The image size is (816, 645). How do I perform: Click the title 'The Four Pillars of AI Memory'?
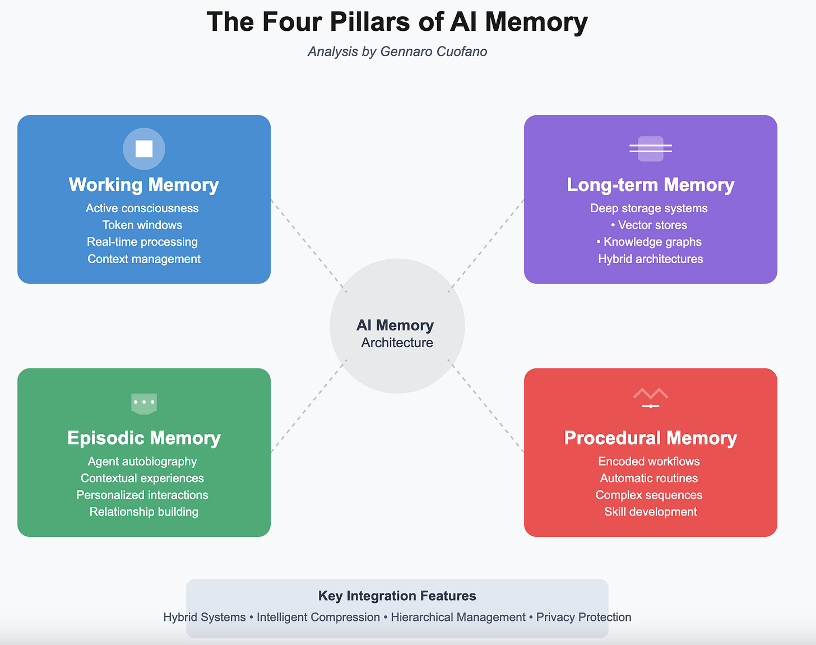click(x=397, y=22)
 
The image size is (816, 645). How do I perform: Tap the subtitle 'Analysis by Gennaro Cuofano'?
click(x=397, y=52)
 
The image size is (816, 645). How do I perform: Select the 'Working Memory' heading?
click(x=143, y=185)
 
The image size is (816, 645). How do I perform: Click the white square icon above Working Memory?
click(x=144, y=148)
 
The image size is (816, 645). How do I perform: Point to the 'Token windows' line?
click(x=142, y=225)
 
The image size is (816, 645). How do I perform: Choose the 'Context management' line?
click(x=144, y=259)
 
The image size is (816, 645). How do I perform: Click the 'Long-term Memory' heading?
click(x=650, y=185)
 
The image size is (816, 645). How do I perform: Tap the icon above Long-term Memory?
click(x=650, y=148)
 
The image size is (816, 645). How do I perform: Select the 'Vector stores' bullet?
click(x=652, y=225)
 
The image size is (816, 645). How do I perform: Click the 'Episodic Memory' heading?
click(x=144, y=438)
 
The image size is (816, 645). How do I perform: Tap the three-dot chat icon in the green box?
click(x=144, y=403)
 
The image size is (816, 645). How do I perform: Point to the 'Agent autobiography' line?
click(x=142, y=461)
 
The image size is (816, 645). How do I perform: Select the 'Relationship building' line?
click(x=144, y=512)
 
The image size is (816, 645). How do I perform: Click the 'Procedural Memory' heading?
click(x=650, y=438)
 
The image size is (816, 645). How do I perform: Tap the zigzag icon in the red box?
click(x=650, y=397)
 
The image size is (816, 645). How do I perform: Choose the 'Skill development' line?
click(x=650, y=512)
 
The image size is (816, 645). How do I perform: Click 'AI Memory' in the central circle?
click(x=395, y=325)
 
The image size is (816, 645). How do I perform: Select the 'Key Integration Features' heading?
click(x=397, y=596)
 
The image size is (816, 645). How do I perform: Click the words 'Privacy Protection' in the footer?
click(x=583, y=617)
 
